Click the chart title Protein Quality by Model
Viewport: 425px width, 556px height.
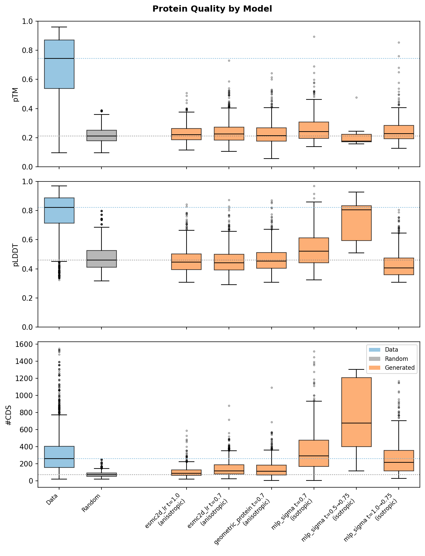[212, 9]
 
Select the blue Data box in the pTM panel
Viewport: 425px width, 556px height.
[59, 64]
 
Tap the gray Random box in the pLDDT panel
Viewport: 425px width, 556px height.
[101, 259]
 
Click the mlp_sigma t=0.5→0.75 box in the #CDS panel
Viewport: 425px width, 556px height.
[356, 412]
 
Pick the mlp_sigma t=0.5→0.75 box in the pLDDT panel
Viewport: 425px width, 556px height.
[356, 223]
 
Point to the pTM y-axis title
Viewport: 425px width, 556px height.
[15, 94]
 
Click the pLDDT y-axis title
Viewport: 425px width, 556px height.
[15, 255]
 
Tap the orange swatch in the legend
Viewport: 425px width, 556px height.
[374, 368]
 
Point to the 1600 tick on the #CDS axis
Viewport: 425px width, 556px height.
[24, 344]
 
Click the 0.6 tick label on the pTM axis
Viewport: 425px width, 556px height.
[27, 80]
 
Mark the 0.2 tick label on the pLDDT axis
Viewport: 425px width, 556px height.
[27, 298]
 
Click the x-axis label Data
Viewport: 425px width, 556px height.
[52, 499]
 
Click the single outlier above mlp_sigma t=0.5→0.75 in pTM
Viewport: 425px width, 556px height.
[356, 97]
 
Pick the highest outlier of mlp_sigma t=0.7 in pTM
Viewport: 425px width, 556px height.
[314, 37]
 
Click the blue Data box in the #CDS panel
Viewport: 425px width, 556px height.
[59, 457]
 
